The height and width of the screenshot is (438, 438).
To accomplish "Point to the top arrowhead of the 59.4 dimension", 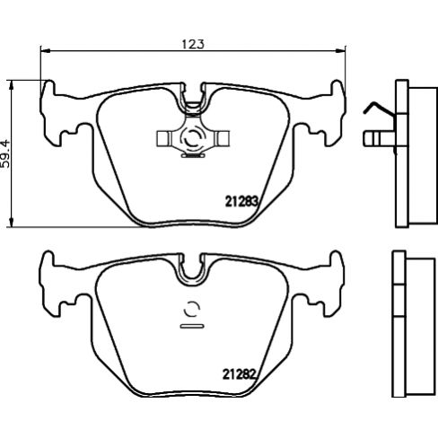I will coord(12,83).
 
